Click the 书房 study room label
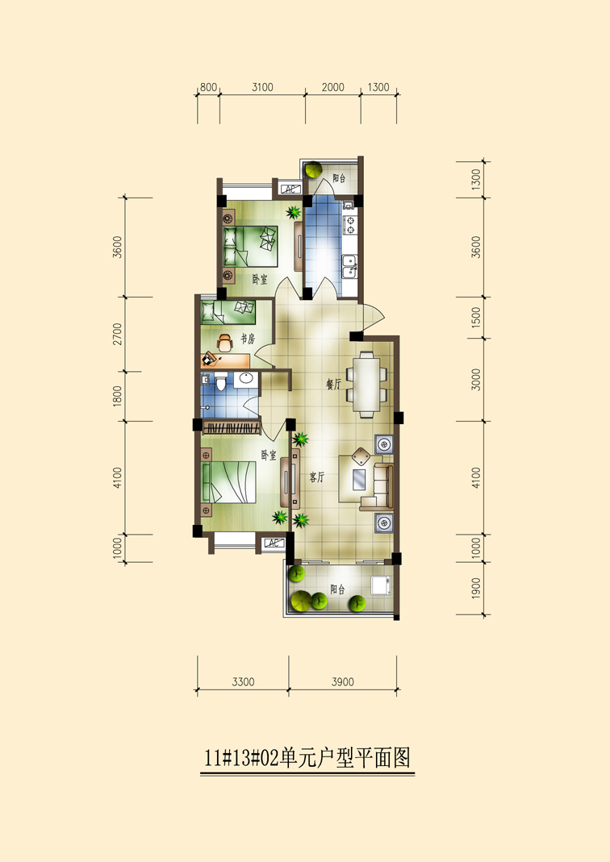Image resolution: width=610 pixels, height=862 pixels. point(248,339)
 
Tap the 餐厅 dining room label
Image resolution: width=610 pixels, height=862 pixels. point(334,385)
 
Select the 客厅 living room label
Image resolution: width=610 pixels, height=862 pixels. point(317,477)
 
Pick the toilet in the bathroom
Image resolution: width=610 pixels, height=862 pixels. point(221,381)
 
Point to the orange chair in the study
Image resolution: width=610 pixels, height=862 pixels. point(224,343)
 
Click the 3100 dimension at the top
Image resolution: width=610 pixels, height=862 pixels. point(262,87)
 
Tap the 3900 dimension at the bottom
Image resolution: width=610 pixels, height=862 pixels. point(343,681)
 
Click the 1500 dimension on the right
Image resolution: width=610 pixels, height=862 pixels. point(476,318)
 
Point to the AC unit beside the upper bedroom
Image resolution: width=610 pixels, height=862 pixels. point(290,189)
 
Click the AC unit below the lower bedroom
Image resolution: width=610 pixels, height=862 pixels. point(274,543)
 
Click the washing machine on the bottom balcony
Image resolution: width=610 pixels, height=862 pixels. point(381,585)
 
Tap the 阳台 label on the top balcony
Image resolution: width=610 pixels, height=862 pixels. point(340,178)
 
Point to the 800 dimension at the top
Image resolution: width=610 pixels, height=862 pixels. point(208,87)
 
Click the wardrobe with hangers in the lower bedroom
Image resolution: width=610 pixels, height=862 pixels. point(231,427)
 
